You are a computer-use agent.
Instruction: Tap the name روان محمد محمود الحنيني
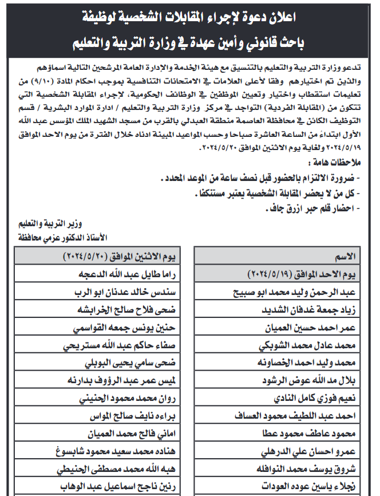(x=127, y=399)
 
